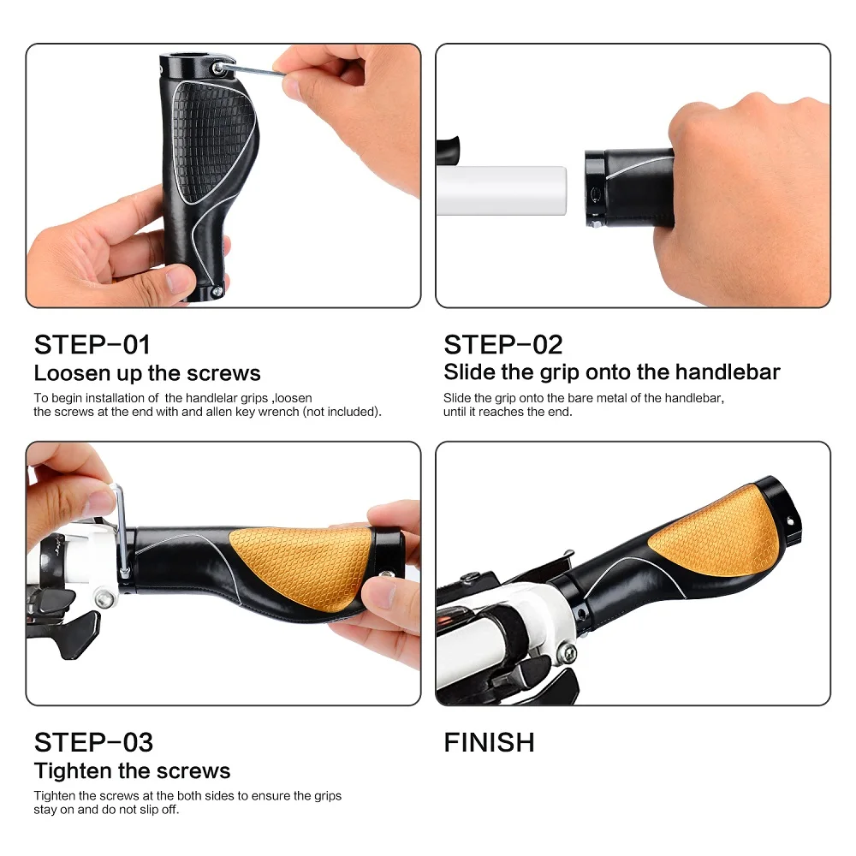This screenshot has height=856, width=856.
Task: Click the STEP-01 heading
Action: pyautogui.click(x=92, y=344)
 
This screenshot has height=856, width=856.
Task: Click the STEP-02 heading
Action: pyautogui.click(x=503, y=344)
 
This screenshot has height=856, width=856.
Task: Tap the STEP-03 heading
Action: pyautogui.click(x=94, y=741)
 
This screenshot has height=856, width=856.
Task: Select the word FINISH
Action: pyautogui.click(x=489, y=742)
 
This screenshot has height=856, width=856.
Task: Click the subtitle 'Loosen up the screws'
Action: pyautogui.click(x=147, y=373)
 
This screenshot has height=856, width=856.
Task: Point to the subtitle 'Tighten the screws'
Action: pyautogui.click(x=132, y=770)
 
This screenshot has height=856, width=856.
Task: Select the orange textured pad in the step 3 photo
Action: pyautogui.click(x=300, y=566)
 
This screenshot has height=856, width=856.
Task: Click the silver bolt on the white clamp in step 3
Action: pyautogui.click(x=104, y=600)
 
